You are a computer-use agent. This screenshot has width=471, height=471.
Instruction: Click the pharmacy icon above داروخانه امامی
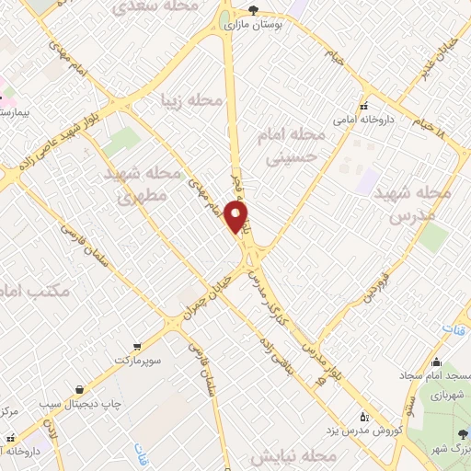click(x=364, y=105)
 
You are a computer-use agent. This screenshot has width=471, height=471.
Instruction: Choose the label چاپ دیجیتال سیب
click(x=81, y=403)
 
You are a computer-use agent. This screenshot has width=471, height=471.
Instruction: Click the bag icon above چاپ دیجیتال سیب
click(x=81, y=389)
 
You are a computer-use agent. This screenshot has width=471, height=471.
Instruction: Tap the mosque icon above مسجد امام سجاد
click(x=436, y=362)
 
